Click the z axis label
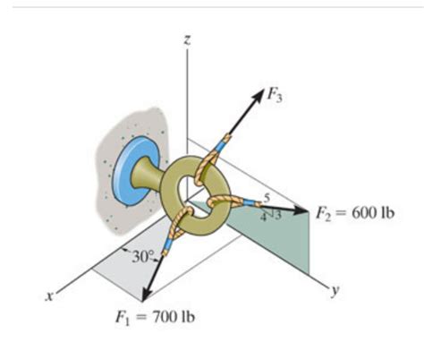[x=186, y=39]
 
